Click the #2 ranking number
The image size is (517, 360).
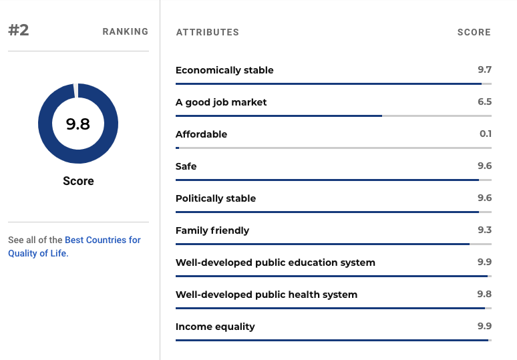coord(19,30)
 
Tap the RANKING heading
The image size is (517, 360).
coord(126,31)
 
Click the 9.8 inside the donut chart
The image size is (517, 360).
coord(77,124)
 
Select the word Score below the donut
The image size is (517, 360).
coord(78,181)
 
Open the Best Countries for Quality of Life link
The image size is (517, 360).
coord(75,246)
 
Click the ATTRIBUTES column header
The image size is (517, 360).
coord(207,32)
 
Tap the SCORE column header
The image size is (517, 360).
coord(474,32)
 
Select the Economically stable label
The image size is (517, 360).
coord(224,70)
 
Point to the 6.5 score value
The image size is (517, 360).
coord(485,102)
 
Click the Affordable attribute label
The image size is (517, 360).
coord(202,134)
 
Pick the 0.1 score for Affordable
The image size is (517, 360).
coord(486,134)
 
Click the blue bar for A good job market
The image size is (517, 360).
coord(279,116)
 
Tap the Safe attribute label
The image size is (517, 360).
coord(186,166)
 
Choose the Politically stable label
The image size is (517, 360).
coord(216,198)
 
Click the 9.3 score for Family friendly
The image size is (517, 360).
coord(485,230)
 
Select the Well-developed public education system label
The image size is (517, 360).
coord(275,262)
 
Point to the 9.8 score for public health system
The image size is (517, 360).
coord(484,294)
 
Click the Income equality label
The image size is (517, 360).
coord(215,327)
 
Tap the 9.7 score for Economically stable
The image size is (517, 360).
coord(485,69)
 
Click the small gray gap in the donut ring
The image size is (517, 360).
coord(76,90)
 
